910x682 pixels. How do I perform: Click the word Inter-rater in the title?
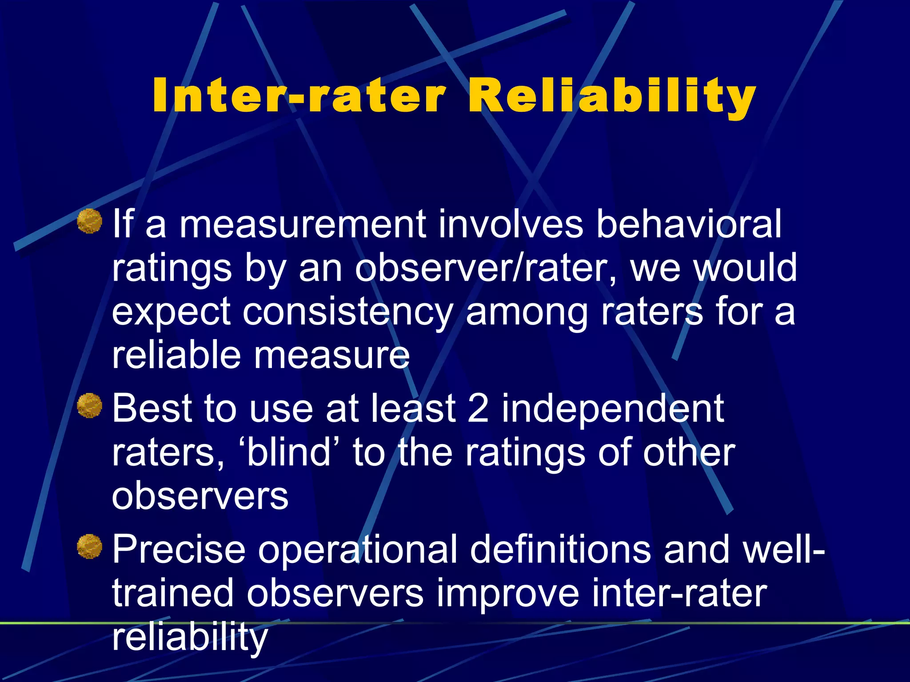(299, 96)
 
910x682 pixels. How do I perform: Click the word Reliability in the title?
(612, 96)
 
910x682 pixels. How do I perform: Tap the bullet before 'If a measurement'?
(90, 221)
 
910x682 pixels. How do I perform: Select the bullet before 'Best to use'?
(90, 405)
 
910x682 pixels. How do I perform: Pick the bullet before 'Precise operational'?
(90, 546)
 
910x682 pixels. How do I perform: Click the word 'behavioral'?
(688, 224)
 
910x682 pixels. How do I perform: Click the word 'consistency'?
(348, 312)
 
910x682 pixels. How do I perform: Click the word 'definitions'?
(560, 549)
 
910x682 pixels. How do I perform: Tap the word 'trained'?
(172, 593)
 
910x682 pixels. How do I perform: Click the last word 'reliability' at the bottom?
(190, 638)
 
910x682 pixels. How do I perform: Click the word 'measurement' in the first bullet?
(303, 225)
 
